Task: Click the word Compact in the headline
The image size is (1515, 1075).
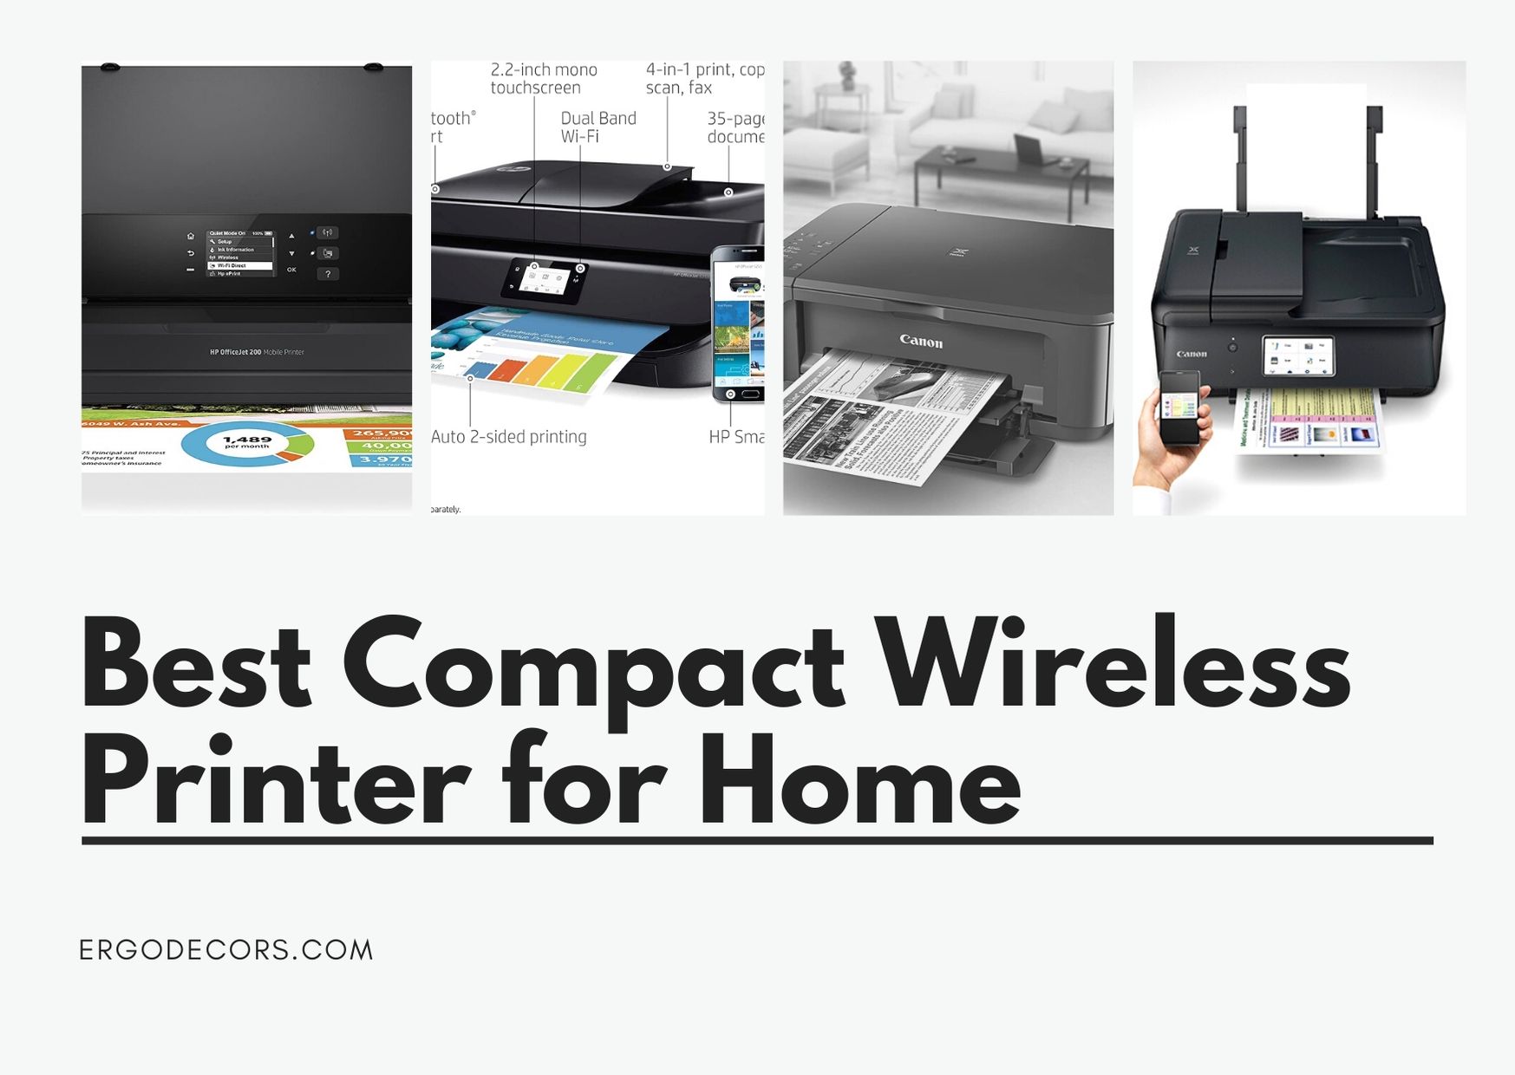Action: click(x=593, y=667)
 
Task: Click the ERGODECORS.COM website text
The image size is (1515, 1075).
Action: click(x=226, y=950)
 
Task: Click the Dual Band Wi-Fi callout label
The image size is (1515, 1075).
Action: click(x=598, y=127)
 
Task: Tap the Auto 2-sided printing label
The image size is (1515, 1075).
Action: click(x=509, y=437)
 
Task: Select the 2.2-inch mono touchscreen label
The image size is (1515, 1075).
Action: click(x=544, y=78)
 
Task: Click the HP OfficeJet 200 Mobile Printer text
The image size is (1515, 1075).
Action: click(x=257, y=352)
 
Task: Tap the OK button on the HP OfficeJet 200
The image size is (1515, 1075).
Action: click(x=291, y=270)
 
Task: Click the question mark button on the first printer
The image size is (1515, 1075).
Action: click(x=328, y=274)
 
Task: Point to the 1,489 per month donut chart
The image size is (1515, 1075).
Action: click(x=247, y=443)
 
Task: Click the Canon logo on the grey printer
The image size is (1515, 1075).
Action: click(x=921, y=341)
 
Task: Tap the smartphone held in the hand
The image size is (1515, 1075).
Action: click(x=1179, y=407)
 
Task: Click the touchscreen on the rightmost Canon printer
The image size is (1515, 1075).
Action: click(x=1297, y=356)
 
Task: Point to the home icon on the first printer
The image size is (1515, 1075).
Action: click(x=191, y=236)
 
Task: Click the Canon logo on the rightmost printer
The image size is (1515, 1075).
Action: click(x=1192, y=354)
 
